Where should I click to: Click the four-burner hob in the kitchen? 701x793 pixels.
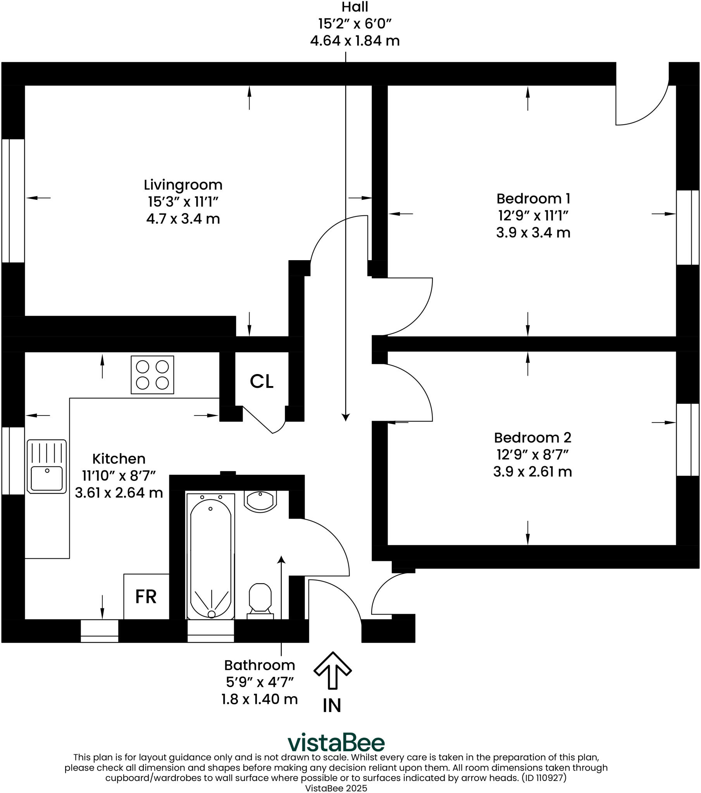(x=152, y=375)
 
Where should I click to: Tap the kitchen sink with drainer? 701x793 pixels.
(x=47, y=466)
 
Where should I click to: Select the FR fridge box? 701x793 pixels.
(x=146, y=597)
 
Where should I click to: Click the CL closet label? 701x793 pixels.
(x=261, y=382)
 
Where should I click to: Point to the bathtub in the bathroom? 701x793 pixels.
(x=211, y=556)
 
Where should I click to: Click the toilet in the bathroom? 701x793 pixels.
(x=260, y=599)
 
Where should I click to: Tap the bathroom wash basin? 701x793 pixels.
(x=260, y=501)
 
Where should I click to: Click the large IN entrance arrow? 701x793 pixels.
(x=332, y=670)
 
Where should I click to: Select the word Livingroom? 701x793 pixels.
(x=183, y=185)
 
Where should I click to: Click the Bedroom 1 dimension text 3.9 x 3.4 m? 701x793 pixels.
(x=533, y=233)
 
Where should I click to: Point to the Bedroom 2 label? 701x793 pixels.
(x=532, y=438)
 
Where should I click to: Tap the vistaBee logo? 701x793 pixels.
(x=336, y=743)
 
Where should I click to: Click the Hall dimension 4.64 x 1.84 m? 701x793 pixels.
(x=355, y=41)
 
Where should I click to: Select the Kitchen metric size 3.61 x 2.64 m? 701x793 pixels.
(x=119, y=493)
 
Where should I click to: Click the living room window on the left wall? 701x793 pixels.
(x=13, y=201)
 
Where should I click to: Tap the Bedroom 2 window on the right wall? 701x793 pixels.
(x=687, y=439)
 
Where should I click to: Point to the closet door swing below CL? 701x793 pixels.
(x=268, y=422)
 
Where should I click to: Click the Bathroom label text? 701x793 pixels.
(x=259, y=665)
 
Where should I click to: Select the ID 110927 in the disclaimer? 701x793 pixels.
(x=544, y=778)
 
